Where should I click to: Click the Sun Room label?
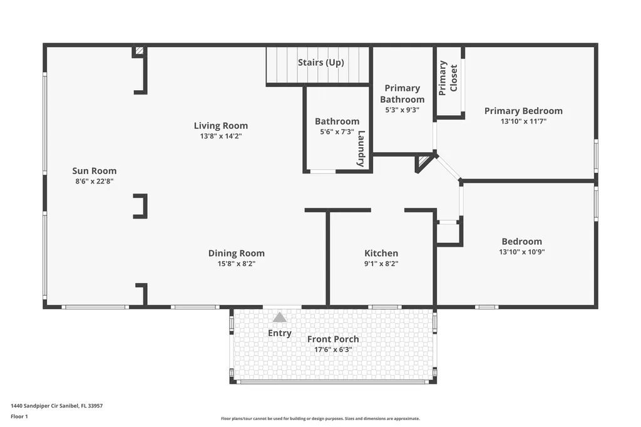coord(94,171)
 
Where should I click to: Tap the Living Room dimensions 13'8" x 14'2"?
coord(220,136)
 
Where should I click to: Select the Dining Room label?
coord(236,254)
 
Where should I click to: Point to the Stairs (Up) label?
coord(320,63)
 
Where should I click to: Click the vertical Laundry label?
coord(361,148)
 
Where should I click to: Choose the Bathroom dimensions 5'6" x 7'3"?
coord(337,132)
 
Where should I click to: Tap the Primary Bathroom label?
coord(402,94)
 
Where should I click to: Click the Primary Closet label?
coord(448,78)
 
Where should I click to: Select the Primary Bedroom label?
coord(523,111)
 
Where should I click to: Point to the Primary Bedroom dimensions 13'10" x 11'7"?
coord(523,121)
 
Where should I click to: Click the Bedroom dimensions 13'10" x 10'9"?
coord(521,252)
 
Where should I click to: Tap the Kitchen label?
coord(381,254)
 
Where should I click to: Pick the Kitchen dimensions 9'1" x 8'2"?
coord(381,264)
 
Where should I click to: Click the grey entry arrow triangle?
coord(279,317)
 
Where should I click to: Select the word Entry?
coord(279,333)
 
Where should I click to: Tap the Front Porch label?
coord(333,339)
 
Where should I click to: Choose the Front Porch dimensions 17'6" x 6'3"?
coord(333,350)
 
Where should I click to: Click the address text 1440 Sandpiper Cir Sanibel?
coord(57,405)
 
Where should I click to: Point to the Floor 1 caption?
coord(20,416)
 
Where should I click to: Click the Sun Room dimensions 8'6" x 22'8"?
coord(94,181)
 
